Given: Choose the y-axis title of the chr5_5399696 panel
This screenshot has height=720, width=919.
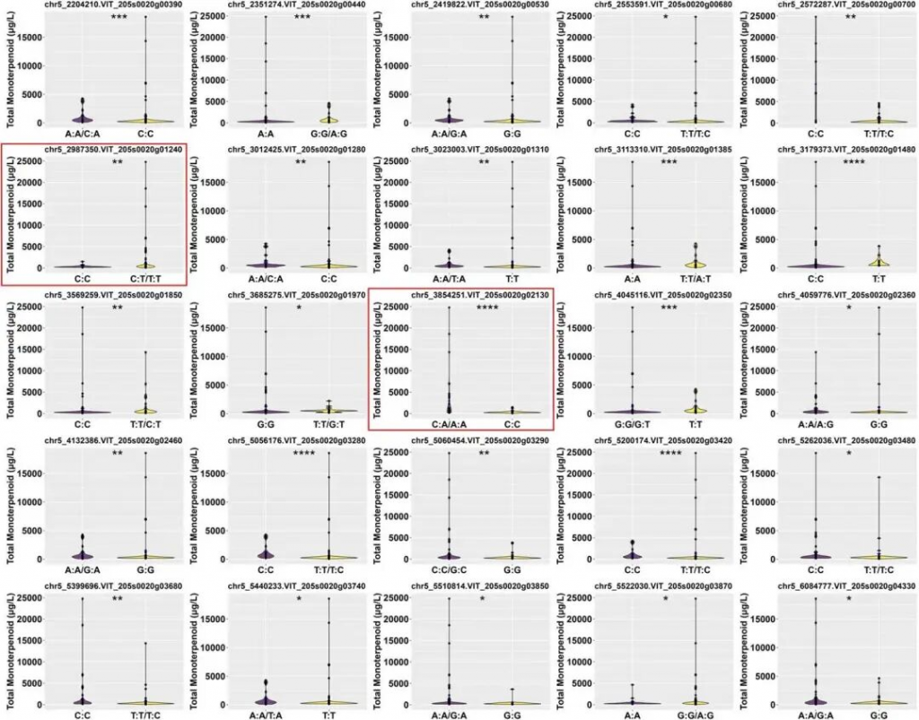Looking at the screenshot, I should tap(9, 650).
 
